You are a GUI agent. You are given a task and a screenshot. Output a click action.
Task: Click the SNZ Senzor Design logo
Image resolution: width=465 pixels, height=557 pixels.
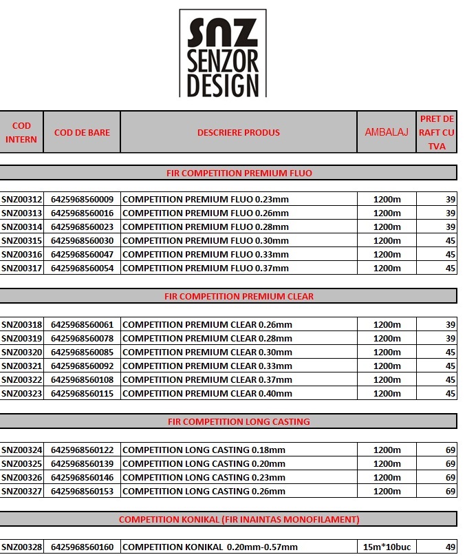click(222, 53)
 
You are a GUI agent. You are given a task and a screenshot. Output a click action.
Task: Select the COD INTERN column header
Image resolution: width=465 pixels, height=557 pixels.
click(21, 132)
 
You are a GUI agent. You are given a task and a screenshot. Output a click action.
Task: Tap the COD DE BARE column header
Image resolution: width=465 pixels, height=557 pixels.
click(82, 132)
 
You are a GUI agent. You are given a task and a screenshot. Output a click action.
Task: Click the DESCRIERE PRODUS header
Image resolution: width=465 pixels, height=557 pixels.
click(239, 132)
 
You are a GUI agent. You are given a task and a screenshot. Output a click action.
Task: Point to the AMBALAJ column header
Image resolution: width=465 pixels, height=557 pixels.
click(386, 132)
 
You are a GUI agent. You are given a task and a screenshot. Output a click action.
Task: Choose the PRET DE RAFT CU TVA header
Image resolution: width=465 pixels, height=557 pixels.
click(437, 132)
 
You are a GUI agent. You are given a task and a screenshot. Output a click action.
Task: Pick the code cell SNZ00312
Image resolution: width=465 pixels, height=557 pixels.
click(22, 200)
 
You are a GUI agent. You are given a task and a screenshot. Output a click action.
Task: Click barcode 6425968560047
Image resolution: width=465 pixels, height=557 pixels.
click(82, 255)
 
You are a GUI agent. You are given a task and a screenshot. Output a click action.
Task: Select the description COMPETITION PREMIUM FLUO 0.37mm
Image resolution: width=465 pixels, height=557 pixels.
click(206, 269)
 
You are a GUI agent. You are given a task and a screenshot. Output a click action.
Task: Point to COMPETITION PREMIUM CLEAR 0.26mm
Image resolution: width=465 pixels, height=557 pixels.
click(207, 325)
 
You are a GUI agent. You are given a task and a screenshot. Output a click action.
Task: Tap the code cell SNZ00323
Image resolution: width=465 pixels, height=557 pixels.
click(22, 394)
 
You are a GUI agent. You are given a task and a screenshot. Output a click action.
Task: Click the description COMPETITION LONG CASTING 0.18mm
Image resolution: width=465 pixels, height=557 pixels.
click(204, 450)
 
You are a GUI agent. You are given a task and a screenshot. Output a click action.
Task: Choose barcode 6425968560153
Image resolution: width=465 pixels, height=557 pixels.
click(82, 492)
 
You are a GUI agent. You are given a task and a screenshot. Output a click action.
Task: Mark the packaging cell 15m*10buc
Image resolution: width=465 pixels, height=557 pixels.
click(387, 547)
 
